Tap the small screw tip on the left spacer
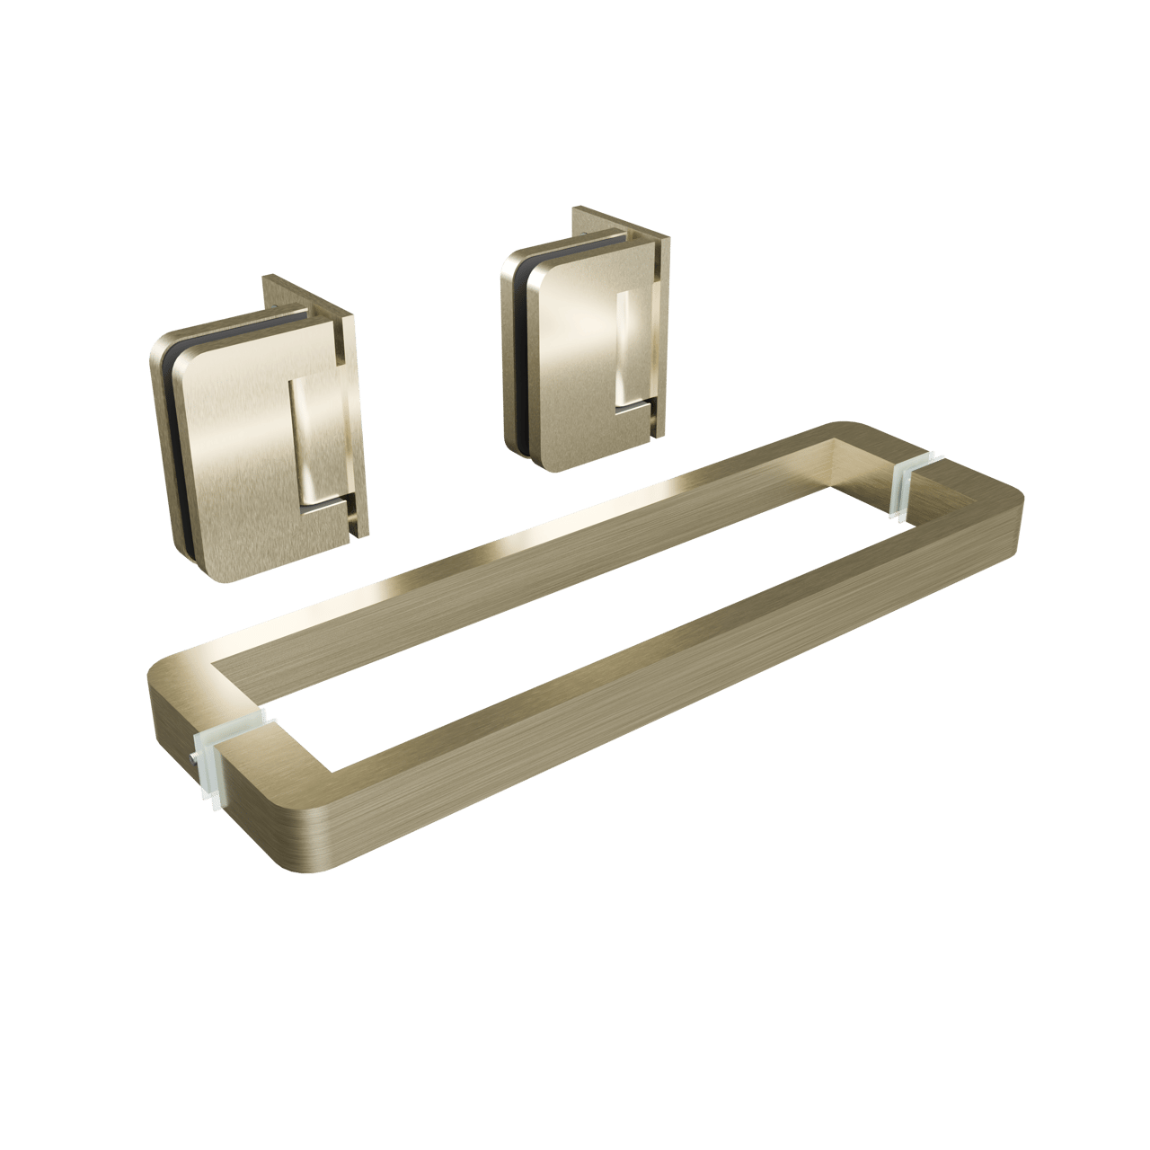tap(193, 763)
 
